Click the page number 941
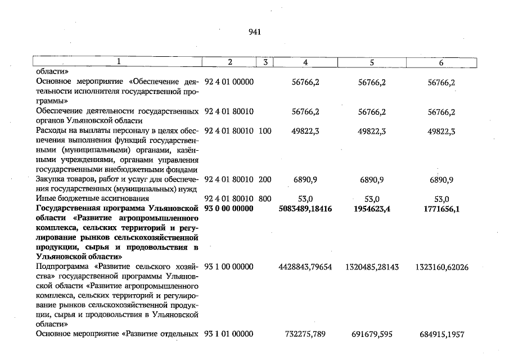coord(254,32)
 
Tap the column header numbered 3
coord(264,62)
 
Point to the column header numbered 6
coord(441,62)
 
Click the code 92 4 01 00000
coord(229,82)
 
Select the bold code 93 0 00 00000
coord(229,209)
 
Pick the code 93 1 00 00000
coord(229,267)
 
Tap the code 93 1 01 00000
coord(229,335)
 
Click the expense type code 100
coord(265,131)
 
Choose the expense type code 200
coord(265,180)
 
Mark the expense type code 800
coord(265,199)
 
